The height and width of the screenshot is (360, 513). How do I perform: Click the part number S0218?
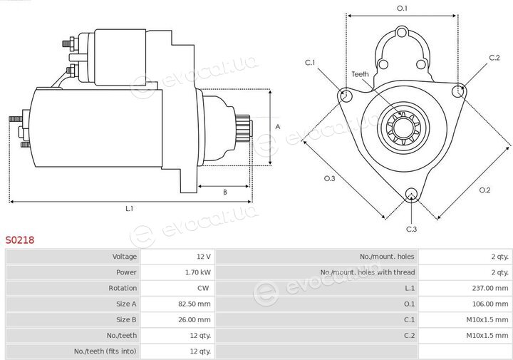pos(20,240)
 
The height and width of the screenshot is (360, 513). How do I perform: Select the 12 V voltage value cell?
pos(204,257)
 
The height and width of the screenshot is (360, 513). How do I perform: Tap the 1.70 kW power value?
pos(197,272)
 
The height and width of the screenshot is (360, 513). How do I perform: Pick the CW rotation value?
pos(203,288)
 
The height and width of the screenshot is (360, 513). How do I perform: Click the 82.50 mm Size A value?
pos(195,304)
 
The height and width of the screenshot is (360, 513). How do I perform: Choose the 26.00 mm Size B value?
pos(195,320)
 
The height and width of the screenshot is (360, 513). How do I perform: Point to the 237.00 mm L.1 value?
pos(490,288)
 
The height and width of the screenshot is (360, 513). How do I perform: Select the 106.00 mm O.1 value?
pos(490,304)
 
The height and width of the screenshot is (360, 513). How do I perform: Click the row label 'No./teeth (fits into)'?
pos(105,351)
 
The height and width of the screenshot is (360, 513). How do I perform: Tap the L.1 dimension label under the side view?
pos(130,208)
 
